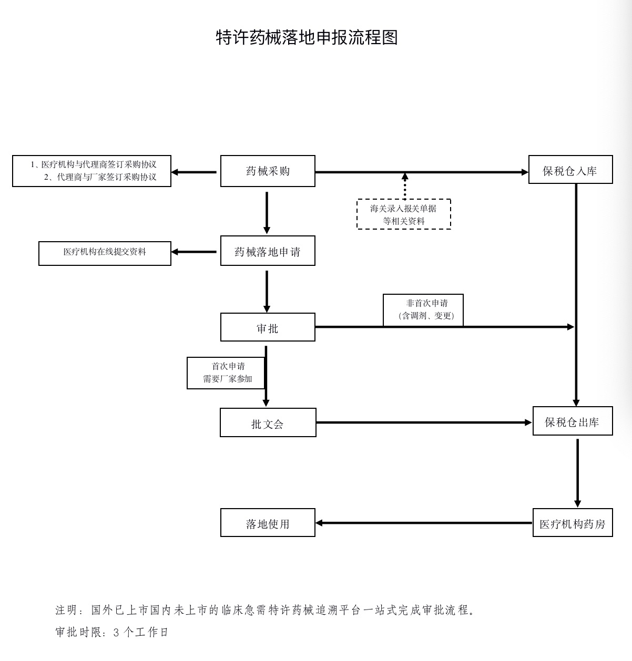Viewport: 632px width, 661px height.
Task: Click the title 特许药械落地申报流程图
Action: [307, 37]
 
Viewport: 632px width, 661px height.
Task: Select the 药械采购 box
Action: [268, 171]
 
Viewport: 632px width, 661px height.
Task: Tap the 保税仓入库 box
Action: [570, 170]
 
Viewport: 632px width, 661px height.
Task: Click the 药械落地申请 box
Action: [268, 252]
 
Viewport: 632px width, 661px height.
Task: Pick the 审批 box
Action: [268, 328]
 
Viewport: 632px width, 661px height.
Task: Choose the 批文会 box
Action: [268, 423]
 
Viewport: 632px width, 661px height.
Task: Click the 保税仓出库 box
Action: [572, 421]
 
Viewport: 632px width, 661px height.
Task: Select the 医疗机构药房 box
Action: [572, 523]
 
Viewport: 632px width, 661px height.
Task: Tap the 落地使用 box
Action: [268, 523]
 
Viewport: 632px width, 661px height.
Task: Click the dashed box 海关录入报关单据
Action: [404, 214]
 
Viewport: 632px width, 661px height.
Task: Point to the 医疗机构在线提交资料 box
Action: [105, 253]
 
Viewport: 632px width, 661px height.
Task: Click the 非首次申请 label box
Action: [423, 310]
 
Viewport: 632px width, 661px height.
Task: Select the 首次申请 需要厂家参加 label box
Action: [226, 373]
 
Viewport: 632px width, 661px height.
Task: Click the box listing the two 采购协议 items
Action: [92, 171]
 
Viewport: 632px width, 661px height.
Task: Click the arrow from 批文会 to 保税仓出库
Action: [424, 422]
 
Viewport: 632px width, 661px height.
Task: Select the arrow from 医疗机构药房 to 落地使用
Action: [424, 523]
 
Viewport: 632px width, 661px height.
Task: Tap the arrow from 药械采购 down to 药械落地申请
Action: [267, 212]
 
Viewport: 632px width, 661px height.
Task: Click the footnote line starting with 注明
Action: [266, 611]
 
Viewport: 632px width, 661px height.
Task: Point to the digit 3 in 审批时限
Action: [117, 633]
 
